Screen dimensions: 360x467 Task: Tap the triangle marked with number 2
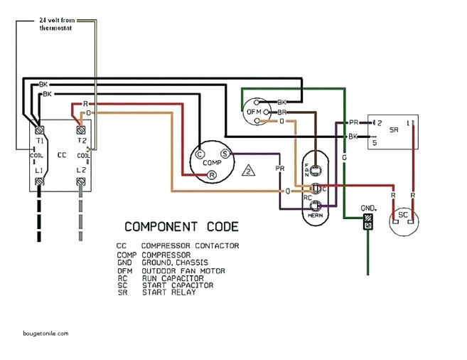[248, 170]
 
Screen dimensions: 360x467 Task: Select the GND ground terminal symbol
[367, 224]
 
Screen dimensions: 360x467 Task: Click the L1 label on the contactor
[41, 171]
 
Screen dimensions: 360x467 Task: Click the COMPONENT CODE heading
[181, 227]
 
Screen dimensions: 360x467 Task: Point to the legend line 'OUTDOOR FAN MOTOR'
[183, 271]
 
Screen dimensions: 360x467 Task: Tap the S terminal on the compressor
[224, 153]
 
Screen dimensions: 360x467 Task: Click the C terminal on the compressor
[200, 153]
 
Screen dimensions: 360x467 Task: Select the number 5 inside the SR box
[375, 143]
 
